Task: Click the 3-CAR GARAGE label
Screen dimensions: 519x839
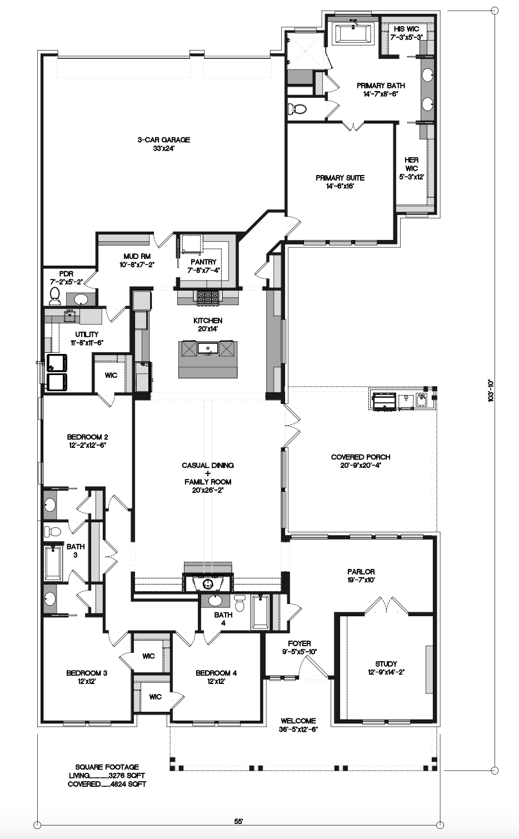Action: coord(163,139)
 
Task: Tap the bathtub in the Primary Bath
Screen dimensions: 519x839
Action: coord(353,33)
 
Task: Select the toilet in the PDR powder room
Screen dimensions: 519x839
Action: coord(54,296)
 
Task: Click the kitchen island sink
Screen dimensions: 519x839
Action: coord(208,348)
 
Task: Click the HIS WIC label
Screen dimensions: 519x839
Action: coord(406,29)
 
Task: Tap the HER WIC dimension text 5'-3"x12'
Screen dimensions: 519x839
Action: coord(411,177)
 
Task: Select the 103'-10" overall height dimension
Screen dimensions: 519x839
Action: coord(491,391)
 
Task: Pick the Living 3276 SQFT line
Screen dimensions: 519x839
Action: coord(107,775)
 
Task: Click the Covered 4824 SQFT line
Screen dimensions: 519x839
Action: coord(107,784)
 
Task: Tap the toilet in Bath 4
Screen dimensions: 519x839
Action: coord(239,603)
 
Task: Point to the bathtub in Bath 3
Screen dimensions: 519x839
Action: coord(53,563)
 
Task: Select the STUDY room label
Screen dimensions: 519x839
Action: coord(386,663)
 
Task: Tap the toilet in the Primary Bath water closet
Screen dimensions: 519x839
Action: coord(297,109)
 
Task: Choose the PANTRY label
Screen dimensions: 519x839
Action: coord(203,262)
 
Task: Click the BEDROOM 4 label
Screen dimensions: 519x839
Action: coord(216,673)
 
